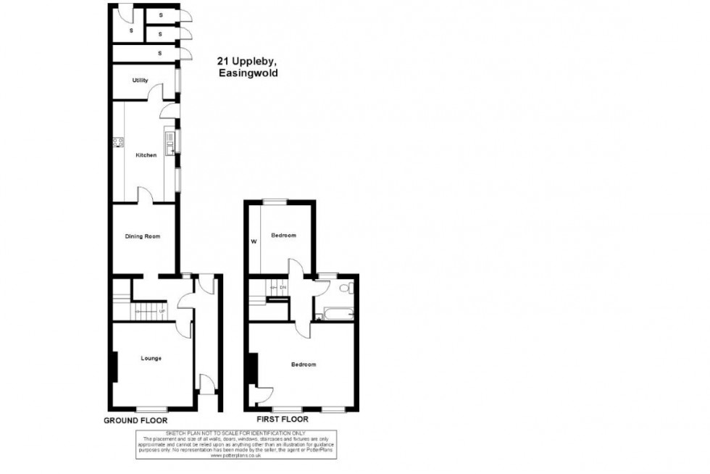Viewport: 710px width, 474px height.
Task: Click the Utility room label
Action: click(140, 80)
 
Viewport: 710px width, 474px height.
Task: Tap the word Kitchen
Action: click(146, 155)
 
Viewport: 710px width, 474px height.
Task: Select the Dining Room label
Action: click(142, 236)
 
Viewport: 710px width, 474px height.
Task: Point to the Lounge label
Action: click(151, 358)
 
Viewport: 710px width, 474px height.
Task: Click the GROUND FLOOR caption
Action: click(135, 420)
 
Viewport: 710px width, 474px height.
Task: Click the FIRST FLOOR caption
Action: click(283, 420)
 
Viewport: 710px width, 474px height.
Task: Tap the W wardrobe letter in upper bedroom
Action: click(254, 242)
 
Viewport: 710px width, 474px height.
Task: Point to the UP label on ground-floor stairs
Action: click(162, 312)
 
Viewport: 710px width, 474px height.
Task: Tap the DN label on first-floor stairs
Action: click(283, 288)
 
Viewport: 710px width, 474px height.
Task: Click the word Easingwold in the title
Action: click(247, 73)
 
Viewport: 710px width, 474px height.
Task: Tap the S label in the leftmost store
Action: click(131, 30)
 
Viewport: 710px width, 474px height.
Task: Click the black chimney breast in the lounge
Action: click(114, 366)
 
